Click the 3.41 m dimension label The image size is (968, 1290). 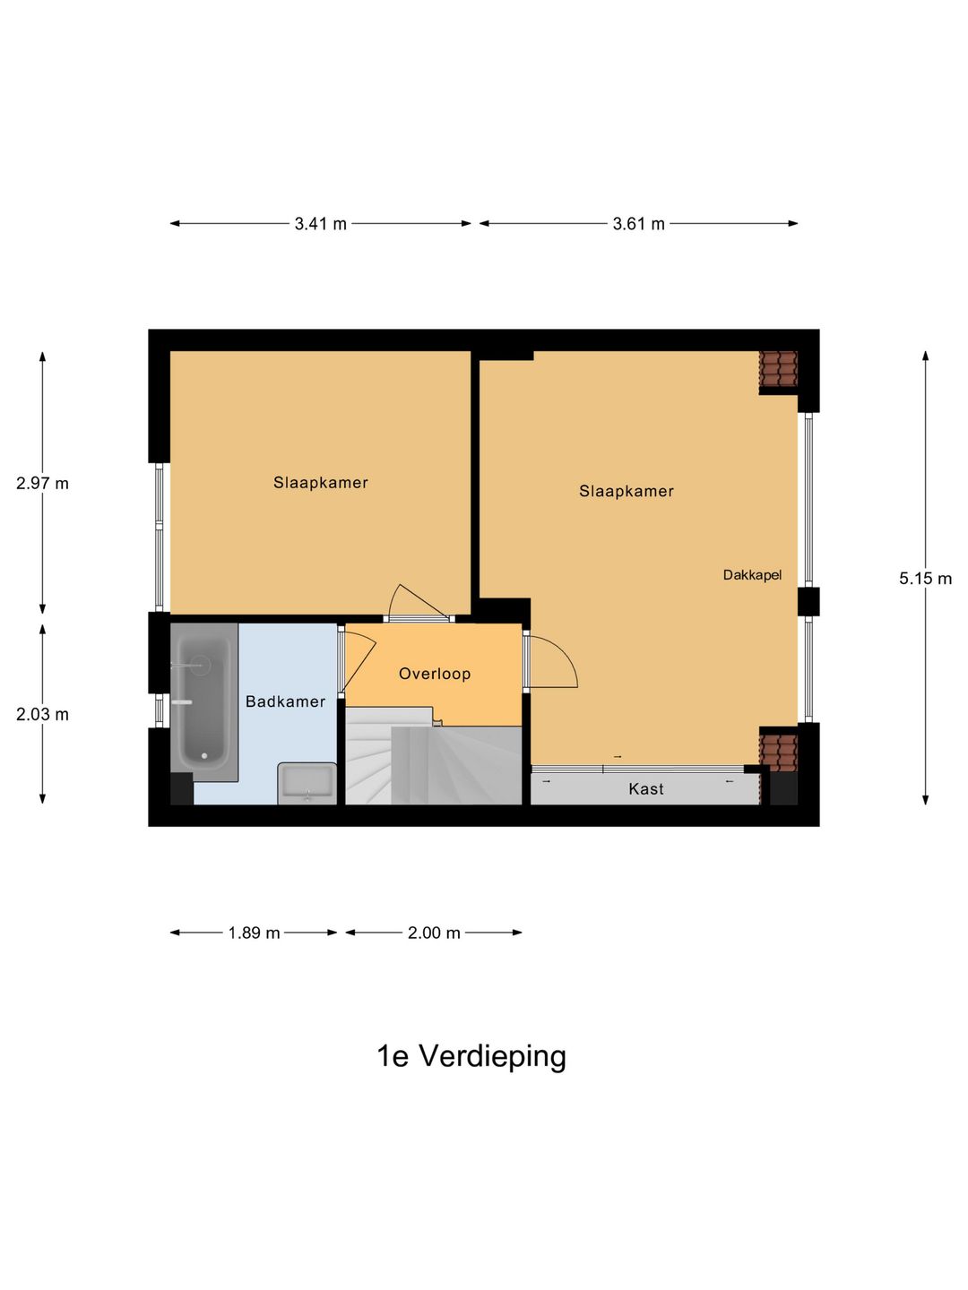click(320, 224)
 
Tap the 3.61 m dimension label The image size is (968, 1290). click(638, 224)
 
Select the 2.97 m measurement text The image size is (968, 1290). click(42, 484)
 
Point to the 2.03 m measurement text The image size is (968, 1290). click(42, 715)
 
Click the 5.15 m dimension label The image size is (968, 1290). click(925, 579)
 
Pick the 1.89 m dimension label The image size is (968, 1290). click(254, 933)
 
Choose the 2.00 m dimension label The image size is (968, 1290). click(434, 933)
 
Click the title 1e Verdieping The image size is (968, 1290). click(471, 1056)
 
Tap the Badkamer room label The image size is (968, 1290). click(285, 701)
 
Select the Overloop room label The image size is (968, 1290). click(435, 675)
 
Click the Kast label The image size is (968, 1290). click(646, 789)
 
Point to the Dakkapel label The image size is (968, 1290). click(752, 575)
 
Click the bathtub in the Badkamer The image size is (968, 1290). click(203, 701)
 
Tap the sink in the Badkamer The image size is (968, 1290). click(307, 783)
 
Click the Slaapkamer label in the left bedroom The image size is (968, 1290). click(321, 483)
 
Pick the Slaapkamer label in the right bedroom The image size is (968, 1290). click(627, 491)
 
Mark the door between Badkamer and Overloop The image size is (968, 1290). click(356, 663)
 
